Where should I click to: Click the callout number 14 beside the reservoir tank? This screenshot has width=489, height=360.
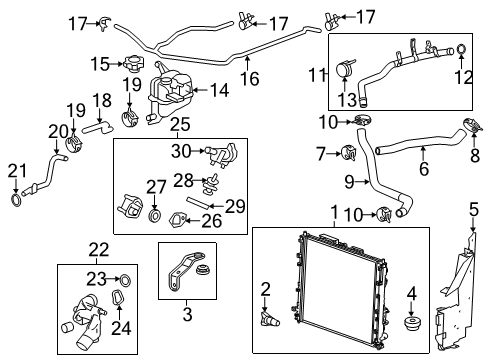point(217,89)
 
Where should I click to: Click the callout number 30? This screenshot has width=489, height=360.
point(180,151)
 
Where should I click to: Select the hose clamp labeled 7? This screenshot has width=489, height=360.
point(348,152)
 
